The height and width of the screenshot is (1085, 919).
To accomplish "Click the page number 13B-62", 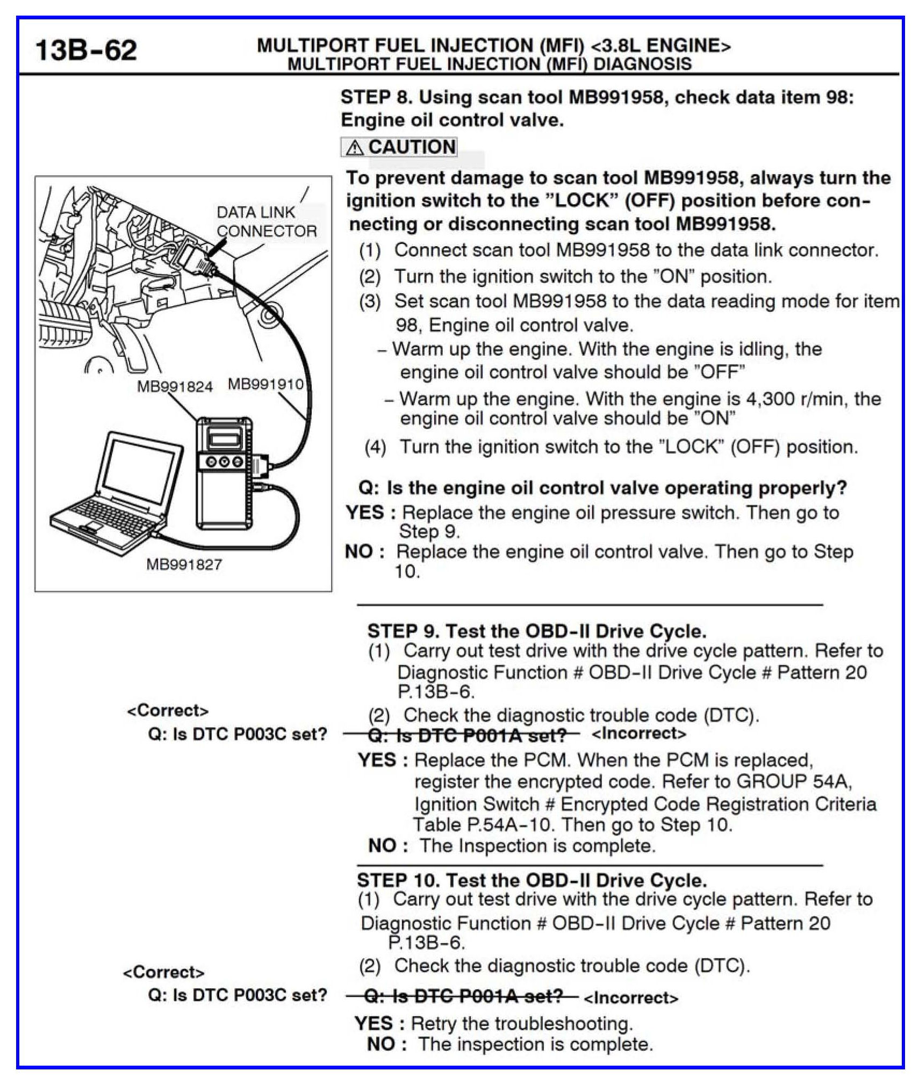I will click(x=86, y=50).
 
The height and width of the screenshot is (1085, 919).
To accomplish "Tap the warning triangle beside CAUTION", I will click(x=354, y=147).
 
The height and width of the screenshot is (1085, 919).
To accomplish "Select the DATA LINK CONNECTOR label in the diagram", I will click(x=266, y=221).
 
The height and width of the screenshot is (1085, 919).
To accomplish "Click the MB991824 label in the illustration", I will click(x=175, y=386).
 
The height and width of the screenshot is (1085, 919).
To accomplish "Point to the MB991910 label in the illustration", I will click(x=266, y=384).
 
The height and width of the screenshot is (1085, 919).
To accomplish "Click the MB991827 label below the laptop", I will click(x=184, y=564).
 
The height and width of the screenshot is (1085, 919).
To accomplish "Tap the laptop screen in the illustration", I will click(x=139, y=467).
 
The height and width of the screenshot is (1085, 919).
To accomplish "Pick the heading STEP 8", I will click(x=376, y=97).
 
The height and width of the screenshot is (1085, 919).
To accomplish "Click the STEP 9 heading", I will click(x=401, y=630).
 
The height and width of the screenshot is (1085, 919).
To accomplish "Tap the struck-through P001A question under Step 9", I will click(x=461, y=734).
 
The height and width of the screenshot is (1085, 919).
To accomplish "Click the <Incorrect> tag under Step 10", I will click(x=630, y=998).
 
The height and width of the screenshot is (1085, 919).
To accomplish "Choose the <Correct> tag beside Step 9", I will click(x=168, y=710).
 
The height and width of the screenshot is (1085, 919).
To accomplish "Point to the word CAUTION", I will click(x=412, y=147).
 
